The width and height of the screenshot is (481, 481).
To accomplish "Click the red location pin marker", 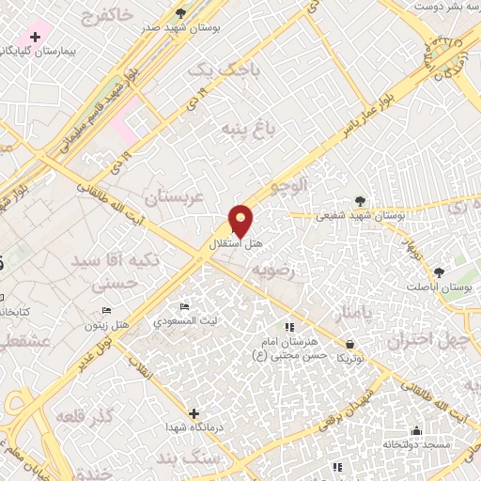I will point(241,220).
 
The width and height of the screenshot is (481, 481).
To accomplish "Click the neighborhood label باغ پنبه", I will point(246,127).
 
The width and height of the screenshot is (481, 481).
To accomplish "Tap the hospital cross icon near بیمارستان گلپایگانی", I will point(36,38).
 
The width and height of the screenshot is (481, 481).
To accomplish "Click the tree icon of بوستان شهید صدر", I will point(180,12).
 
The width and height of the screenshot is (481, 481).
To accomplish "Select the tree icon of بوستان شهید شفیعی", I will point(360,200).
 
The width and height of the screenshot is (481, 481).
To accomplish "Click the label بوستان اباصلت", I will point(438,286).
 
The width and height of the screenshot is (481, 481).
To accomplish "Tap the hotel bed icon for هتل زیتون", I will point(106,310).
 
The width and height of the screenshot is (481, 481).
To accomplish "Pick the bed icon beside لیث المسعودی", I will point(184,307).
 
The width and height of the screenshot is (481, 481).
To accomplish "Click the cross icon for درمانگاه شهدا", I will point(194,412).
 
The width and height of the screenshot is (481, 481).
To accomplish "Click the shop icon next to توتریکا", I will point(350,344).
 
